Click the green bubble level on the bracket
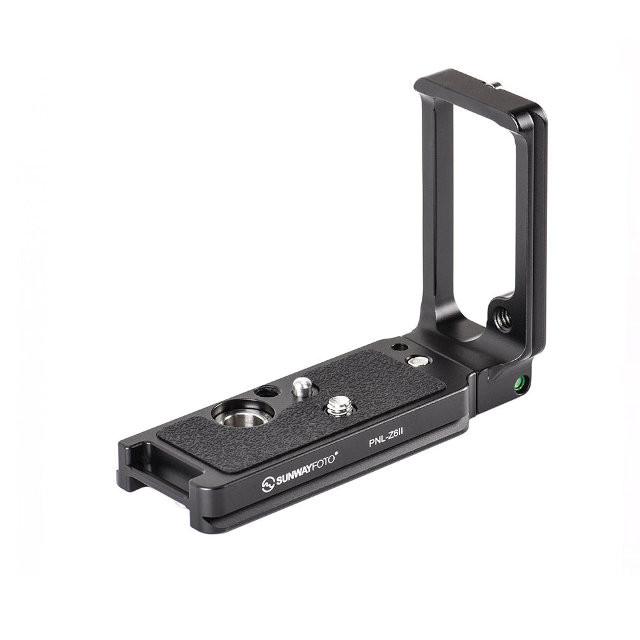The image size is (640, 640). click(x=520, y=383)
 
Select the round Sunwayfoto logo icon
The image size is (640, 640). click(x=268, y=484)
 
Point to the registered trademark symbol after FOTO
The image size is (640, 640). click(x=337, y=452)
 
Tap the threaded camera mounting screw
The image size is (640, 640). click(x=340, y=407)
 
